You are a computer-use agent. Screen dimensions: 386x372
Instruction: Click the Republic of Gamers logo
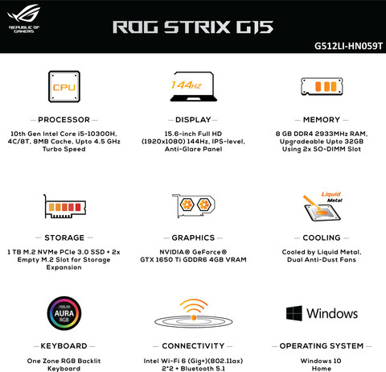24,19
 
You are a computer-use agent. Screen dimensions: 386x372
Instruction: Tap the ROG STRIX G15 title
193,27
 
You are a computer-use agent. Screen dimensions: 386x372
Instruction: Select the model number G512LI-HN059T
348,46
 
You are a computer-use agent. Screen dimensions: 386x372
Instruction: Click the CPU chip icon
64,86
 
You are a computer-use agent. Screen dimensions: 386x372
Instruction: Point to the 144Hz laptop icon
194,86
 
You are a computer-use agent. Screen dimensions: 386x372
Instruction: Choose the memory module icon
322,86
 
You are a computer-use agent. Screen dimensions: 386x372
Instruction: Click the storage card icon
64,206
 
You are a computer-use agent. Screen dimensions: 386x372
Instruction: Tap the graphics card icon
194,205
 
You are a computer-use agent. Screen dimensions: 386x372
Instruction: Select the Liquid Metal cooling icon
322,206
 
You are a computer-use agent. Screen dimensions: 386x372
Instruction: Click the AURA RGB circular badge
64,313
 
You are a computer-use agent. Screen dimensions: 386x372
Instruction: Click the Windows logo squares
294,313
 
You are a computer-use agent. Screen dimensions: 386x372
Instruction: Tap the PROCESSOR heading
64,120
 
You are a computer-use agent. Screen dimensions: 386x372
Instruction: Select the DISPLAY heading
193,120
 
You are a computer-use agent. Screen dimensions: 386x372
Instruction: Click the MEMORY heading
322,120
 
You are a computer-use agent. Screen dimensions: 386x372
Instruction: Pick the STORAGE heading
64,238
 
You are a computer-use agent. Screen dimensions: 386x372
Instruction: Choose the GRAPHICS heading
193,238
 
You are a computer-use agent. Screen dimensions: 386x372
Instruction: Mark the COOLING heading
322,238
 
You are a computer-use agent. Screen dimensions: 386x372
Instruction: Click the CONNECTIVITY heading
193,346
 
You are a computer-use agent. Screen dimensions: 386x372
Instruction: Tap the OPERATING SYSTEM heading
322,346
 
